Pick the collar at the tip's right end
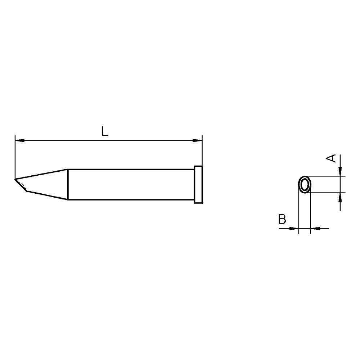tap(198, 184)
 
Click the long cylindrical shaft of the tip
tap(130, 184)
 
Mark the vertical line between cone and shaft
tap(68, 184)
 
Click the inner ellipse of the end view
tap(305, 185)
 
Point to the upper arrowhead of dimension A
tap(340, 172)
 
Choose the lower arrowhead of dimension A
tap(340, 197)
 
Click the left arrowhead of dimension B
tap(295, 228)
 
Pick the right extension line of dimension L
tap(202, 151)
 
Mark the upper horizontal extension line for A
tap(328, 176)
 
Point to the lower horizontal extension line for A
tap(328, 193)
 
